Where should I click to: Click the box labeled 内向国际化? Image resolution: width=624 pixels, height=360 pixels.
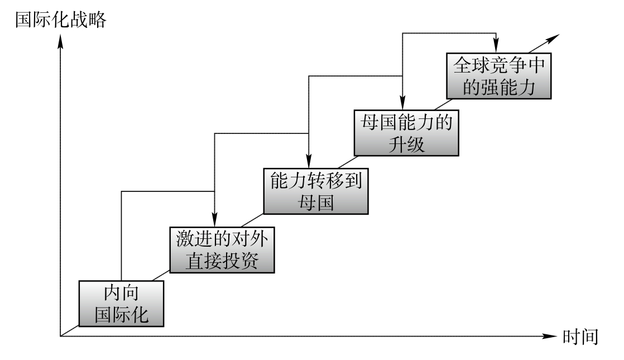(x=122, y=304)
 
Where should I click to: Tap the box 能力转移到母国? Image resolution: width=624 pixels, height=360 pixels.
(x=315, y=191)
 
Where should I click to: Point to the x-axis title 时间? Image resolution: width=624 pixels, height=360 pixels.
(x=581, y=337)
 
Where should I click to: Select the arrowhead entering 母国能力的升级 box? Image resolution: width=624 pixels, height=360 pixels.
(x=402, y=102)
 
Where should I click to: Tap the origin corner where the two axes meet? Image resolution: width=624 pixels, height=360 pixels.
(x=60, y=337)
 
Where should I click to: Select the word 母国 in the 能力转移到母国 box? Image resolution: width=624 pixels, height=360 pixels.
(x=315, y=203)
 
